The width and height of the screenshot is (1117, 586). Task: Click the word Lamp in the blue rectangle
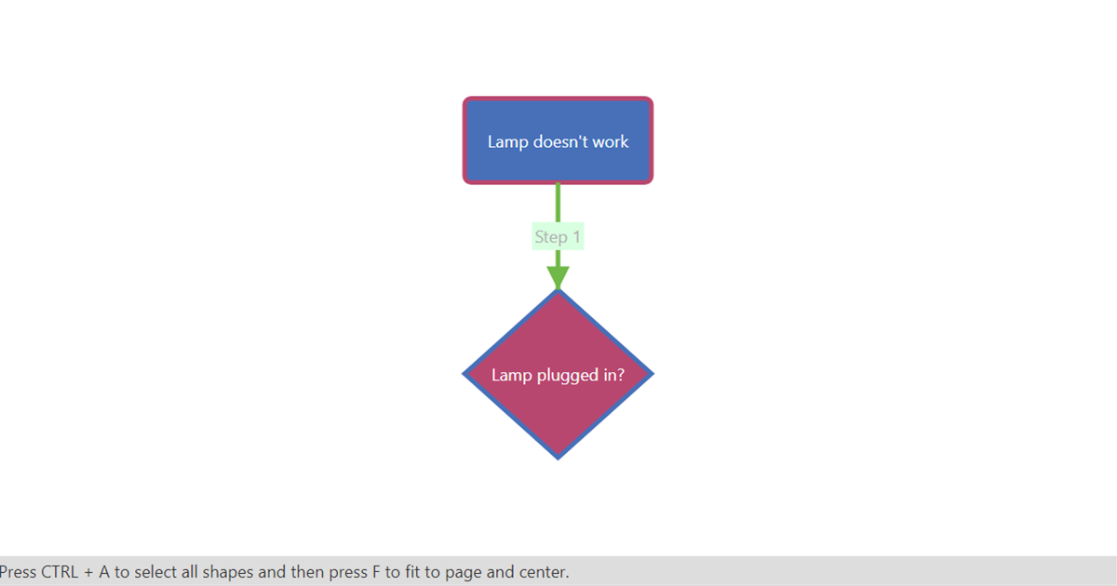[507, 142]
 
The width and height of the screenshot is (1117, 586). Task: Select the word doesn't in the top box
[560, 141]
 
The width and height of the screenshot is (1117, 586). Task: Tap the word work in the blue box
[611, 141]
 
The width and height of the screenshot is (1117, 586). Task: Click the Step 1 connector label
[558, 236]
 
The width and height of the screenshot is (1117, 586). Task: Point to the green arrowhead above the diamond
[558, 277]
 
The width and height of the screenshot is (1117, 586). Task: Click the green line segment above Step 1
[558, 203]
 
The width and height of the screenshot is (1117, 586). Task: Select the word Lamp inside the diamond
[512, 375]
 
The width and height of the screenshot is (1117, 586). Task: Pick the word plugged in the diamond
[568, 376]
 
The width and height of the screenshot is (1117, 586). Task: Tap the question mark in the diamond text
[620, 375]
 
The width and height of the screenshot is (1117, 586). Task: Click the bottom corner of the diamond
[558, 459]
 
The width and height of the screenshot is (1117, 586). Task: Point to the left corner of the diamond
[464, 374]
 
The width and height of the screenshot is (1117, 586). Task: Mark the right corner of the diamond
[653, 374]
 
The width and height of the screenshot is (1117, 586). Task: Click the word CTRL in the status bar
[60, 572]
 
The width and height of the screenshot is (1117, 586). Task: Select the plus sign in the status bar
[88, 573]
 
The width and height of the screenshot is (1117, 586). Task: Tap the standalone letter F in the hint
[376, 572]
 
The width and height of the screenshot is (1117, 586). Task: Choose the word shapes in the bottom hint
[227, 573]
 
